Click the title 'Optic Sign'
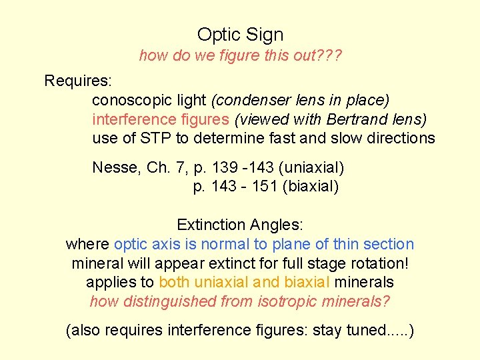coord(240,35)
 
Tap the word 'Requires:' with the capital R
coord(77,81)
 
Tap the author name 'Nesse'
coord(113,167)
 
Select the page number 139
coord(224,167)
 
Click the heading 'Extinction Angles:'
coord(240,225)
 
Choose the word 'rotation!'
coord(377,263)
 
